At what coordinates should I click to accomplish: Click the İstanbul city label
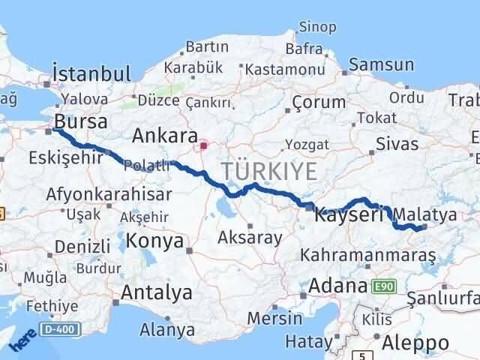91,73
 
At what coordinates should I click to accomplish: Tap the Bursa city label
81,121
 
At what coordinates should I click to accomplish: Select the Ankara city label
160,136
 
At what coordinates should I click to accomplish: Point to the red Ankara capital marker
202,139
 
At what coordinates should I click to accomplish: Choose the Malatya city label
430,214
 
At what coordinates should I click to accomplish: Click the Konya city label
154,241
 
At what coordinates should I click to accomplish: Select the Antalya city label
156,292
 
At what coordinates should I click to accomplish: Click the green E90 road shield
382,286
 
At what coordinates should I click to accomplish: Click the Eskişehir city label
56,158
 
